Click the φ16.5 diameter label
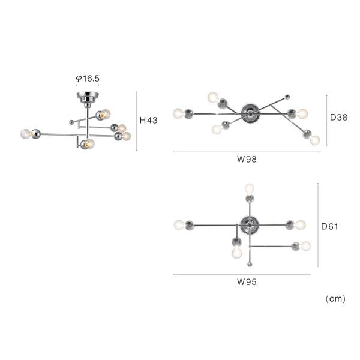pyautogui.click(x=88, y=79)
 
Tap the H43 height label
pyautogui.click(x=149, y=121)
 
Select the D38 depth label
pyautogui.click(x=338, y=118)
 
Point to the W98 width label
pyautogui.click(x=247, y=159)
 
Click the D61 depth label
pyautogui.click(x=329, y=226)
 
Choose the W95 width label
pyautogui.click(x=247, y=282)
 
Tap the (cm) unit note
pyautogui.click(x=335, y=299)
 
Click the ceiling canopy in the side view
pyautogui.click(x=88, y=97)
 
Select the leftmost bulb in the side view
pyautogui.click(x=25, y=134)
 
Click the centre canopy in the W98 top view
pyautogui.click(x=250, y=113)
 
